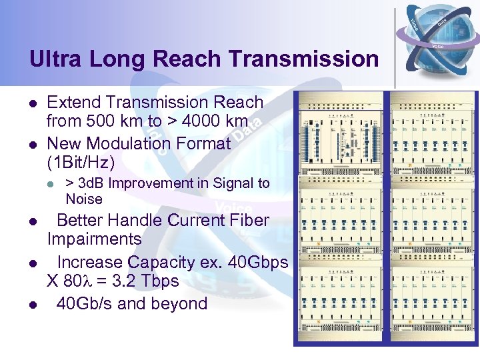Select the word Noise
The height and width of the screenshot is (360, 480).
pyautogui.click(x=84, y=199)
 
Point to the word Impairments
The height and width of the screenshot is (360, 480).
pyautogui.click(x=94, y=239)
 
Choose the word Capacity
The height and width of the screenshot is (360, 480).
pyautogui.click(x=158, y=263)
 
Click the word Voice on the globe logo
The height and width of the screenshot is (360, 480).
pyautogui.click(x=438, y=47)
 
